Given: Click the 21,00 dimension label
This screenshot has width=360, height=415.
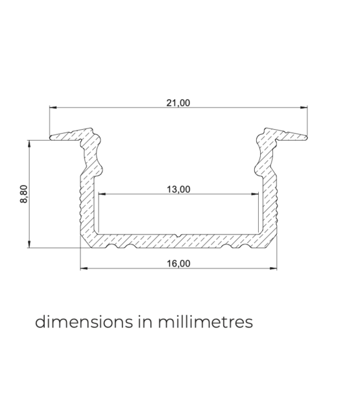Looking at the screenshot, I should (178, 102).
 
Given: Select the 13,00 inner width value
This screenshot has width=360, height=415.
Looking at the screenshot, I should (178, 189).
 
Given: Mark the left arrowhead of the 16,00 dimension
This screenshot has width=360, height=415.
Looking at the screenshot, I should (83, 268).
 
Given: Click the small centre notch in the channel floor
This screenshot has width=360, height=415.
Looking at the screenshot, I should (178, 235).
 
